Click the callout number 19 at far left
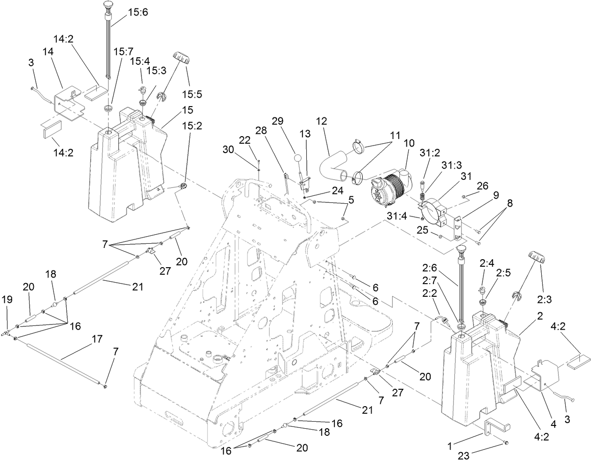point(7,299)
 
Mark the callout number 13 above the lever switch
point(305,134)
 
